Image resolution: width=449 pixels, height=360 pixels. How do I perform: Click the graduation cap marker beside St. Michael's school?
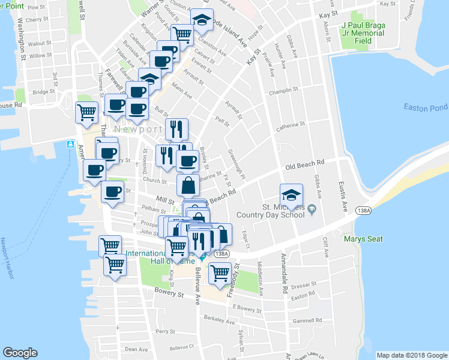click(x=292, y=196)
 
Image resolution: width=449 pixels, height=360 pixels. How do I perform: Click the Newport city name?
click(x=138, y=129)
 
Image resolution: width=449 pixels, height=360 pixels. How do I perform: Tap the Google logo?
click(x=20, y=353)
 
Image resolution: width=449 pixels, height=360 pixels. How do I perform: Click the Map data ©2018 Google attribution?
click(x=411, y=355)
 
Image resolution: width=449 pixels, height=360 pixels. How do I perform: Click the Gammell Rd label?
click(x=306, y=320)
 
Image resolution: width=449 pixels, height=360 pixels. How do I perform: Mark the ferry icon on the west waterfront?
click(x=71, y=145)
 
